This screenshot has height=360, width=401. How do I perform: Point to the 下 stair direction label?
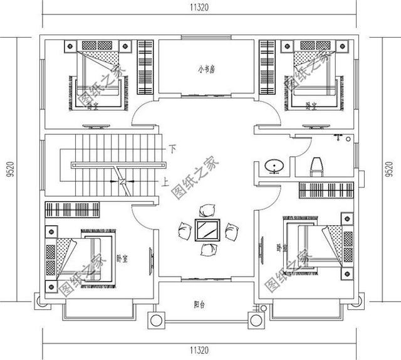coord(174,149)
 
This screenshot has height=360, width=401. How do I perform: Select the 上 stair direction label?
coord(165,184)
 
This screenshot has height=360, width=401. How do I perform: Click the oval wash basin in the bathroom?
coord(274,166)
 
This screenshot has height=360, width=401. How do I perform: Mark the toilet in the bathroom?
coord(316,165)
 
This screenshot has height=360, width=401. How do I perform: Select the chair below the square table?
coord(207,250)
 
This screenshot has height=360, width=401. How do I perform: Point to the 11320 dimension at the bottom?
coord(200,351)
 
